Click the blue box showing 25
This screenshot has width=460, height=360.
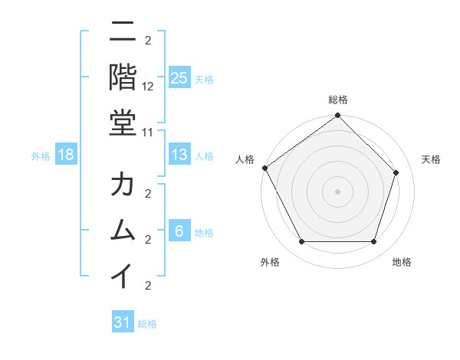[x=179, y=78]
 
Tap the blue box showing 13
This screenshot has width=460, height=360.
[x=179, y=155]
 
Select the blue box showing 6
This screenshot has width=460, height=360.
[x=179, y=232]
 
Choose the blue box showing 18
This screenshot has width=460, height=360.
[x=66, y=155]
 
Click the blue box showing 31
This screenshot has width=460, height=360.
[x=123, y=322]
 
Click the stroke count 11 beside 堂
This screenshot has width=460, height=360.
[x=149, y=132]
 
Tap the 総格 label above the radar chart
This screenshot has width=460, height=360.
[x=337, y=100]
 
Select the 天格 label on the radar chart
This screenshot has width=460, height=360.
[x=431, y=159]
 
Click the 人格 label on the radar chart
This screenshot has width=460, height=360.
[x=245, y=159]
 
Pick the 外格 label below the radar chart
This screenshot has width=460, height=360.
[x=269, y=262]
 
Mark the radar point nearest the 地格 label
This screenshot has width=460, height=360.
[x=374, y=242]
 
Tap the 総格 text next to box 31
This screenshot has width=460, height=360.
[x=147, y=324]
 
